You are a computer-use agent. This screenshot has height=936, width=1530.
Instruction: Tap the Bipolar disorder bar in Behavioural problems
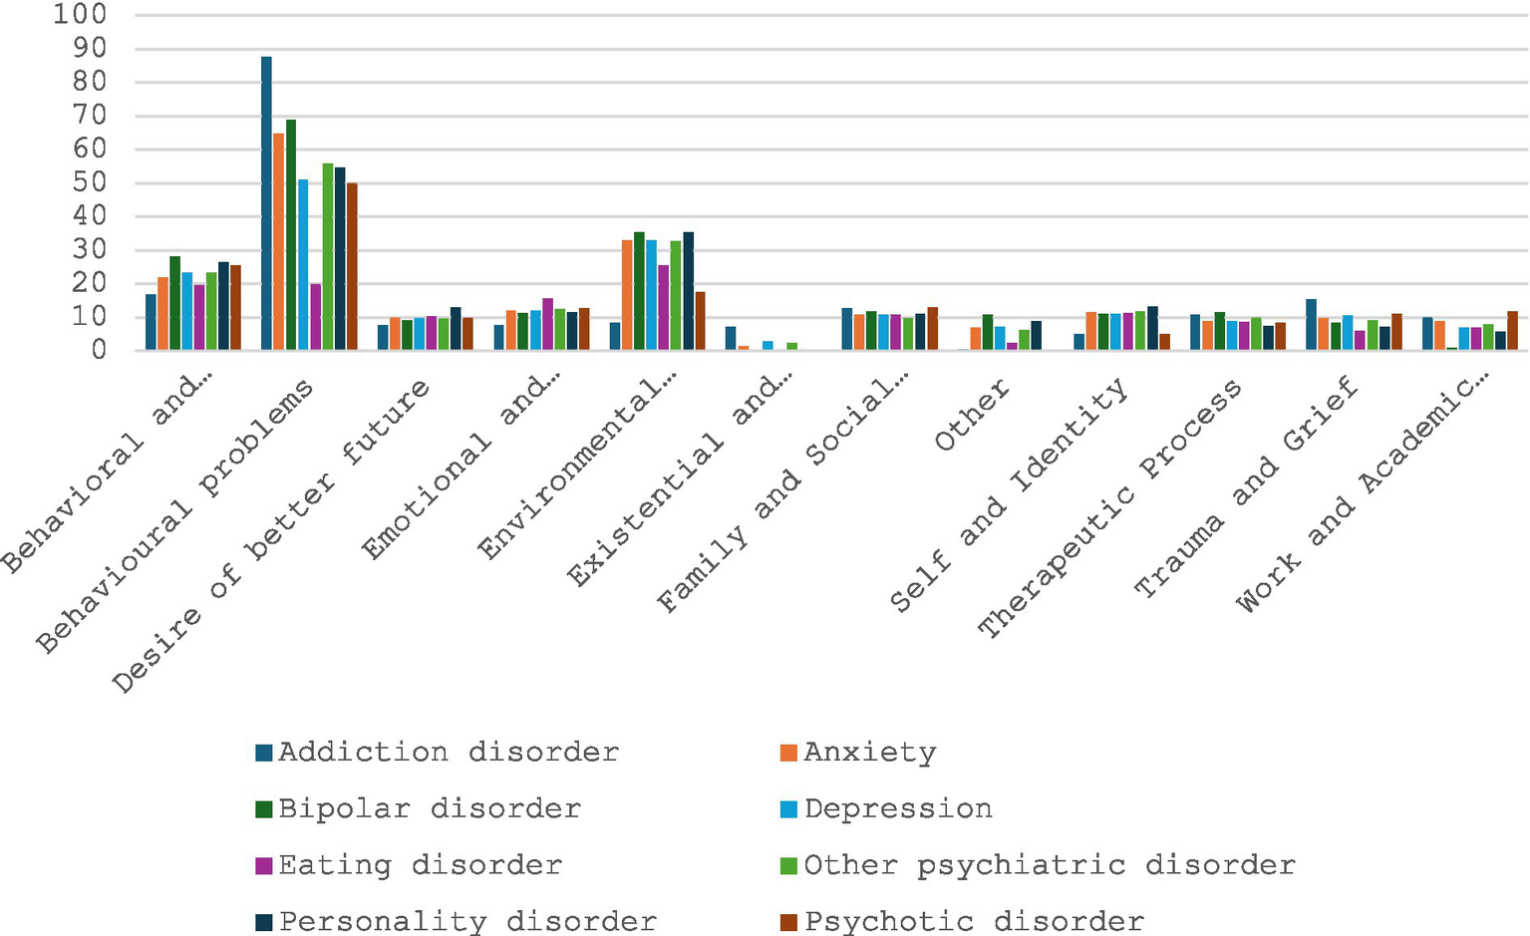pos(291,235)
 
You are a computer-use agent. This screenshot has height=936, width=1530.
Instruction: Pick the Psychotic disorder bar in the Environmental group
pos(700,321)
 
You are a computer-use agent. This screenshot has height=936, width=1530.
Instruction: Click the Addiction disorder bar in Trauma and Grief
pos(1312,325)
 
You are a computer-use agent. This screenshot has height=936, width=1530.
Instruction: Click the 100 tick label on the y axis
pos(79,15)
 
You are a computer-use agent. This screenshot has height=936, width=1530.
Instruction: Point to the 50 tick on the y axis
pos(87,183)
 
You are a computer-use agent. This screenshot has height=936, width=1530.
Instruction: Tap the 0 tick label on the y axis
pos(99,351)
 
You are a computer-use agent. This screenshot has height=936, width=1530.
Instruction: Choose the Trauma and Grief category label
pos(1246,488)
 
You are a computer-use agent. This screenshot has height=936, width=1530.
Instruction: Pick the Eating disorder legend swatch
pos(264,866)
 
